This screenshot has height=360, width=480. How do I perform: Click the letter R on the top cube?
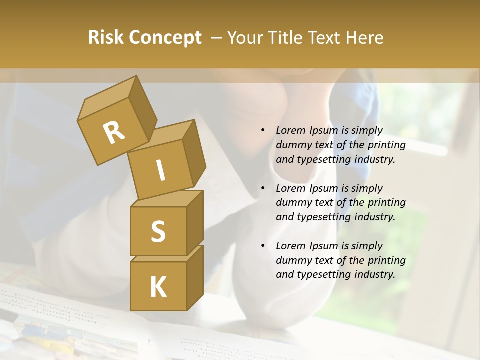point(114,133)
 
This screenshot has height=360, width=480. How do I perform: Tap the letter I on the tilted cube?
point(160,171)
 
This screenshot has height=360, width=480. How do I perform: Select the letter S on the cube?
point(158,231)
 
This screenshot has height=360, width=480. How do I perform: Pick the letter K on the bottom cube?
point(158,287)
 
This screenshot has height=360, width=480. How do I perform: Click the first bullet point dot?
point(263,131)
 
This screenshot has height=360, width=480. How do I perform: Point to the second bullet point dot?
point(263,188)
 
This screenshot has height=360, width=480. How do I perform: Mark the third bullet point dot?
point(263,246)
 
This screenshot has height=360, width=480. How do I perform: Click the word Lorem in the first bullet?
point(289,131)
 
